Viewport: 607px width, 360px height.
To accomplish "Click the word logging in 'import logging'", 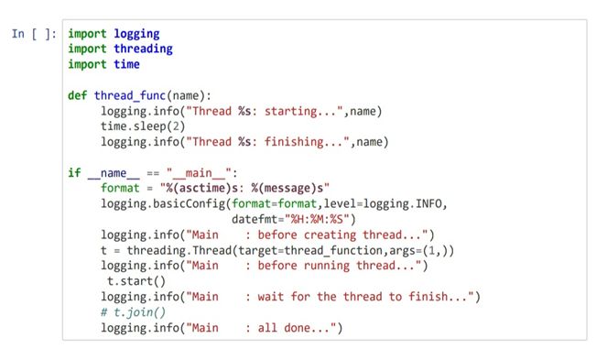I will (x=136, y=34).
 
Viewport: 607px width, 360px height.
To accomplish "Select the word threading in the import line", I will (x=143, y=49).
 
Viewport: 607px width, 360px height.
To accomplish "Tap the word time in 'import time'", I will (x=126, y=65).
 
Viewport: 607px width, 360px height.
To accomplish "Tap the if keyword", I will (x=74, y=172).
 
